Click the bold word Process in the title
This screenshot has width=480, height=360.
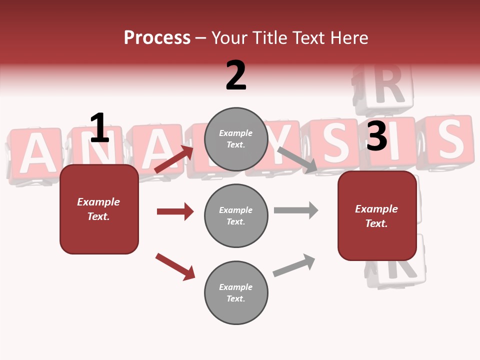click(157, 38)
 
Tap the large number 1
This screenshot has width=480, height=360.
click(99, 128)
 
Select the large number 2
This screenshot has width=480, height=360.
click(236, 75)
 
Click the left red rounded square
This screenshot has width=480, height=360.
click(99, 209)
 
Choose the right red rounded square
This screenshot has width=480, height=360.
click(377, 215)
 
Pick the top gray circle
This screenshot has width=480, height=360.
click(236, 139)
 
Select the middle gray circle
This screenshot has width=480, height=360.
click(236, 215)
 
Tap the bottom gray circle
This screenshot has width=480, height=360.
click(236, 292)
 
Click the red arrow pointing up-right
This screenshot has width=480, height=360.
click(174, 159)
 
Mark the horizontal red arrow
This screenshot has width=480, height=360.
click(175, 211)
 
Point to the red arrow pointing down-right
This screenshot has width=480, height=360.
click(175, 266)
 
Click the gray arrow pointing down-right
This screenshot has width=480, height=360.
click(297, 160)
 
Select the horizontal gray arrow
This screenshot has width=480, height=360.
click(296, 210)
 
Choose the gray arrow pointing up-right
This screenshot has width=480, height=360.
click(294, 265)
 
